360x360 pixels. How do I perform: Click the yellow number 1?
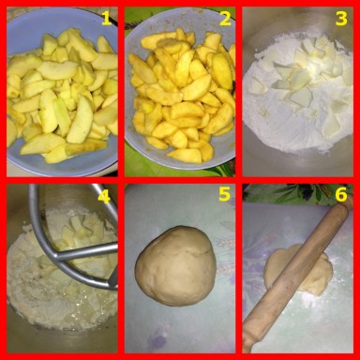pyautogui.click(x=106, y=18)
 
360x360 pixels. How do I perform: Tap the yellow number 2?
pyautogui.click(x=224, y=18)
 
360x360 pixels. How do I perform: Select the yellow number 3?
pyautogui.click(x=341, y=18)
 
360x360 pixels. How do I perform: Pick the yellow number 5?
pyautogui.click(x=223, y=195)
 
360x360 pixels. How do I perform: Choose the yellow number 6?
pyautogui.click(x=341, y=195)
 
